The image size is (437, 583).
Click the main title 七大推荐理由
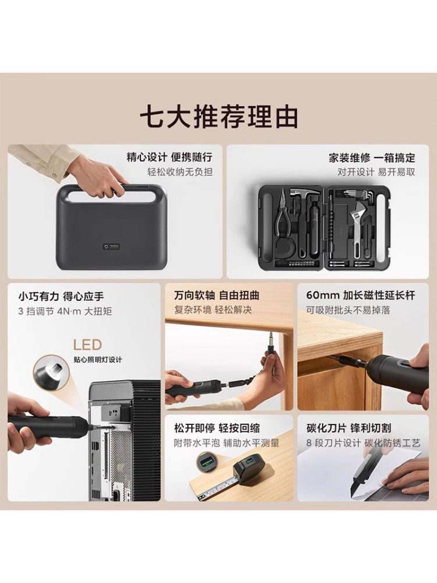pos(218,117)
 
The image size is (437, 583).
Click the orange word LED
pos(87,345)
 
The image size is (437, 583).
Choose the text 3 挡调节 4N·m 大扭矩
pos(64,311)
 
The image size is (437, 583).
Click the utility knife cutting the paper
pos(364,472)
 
